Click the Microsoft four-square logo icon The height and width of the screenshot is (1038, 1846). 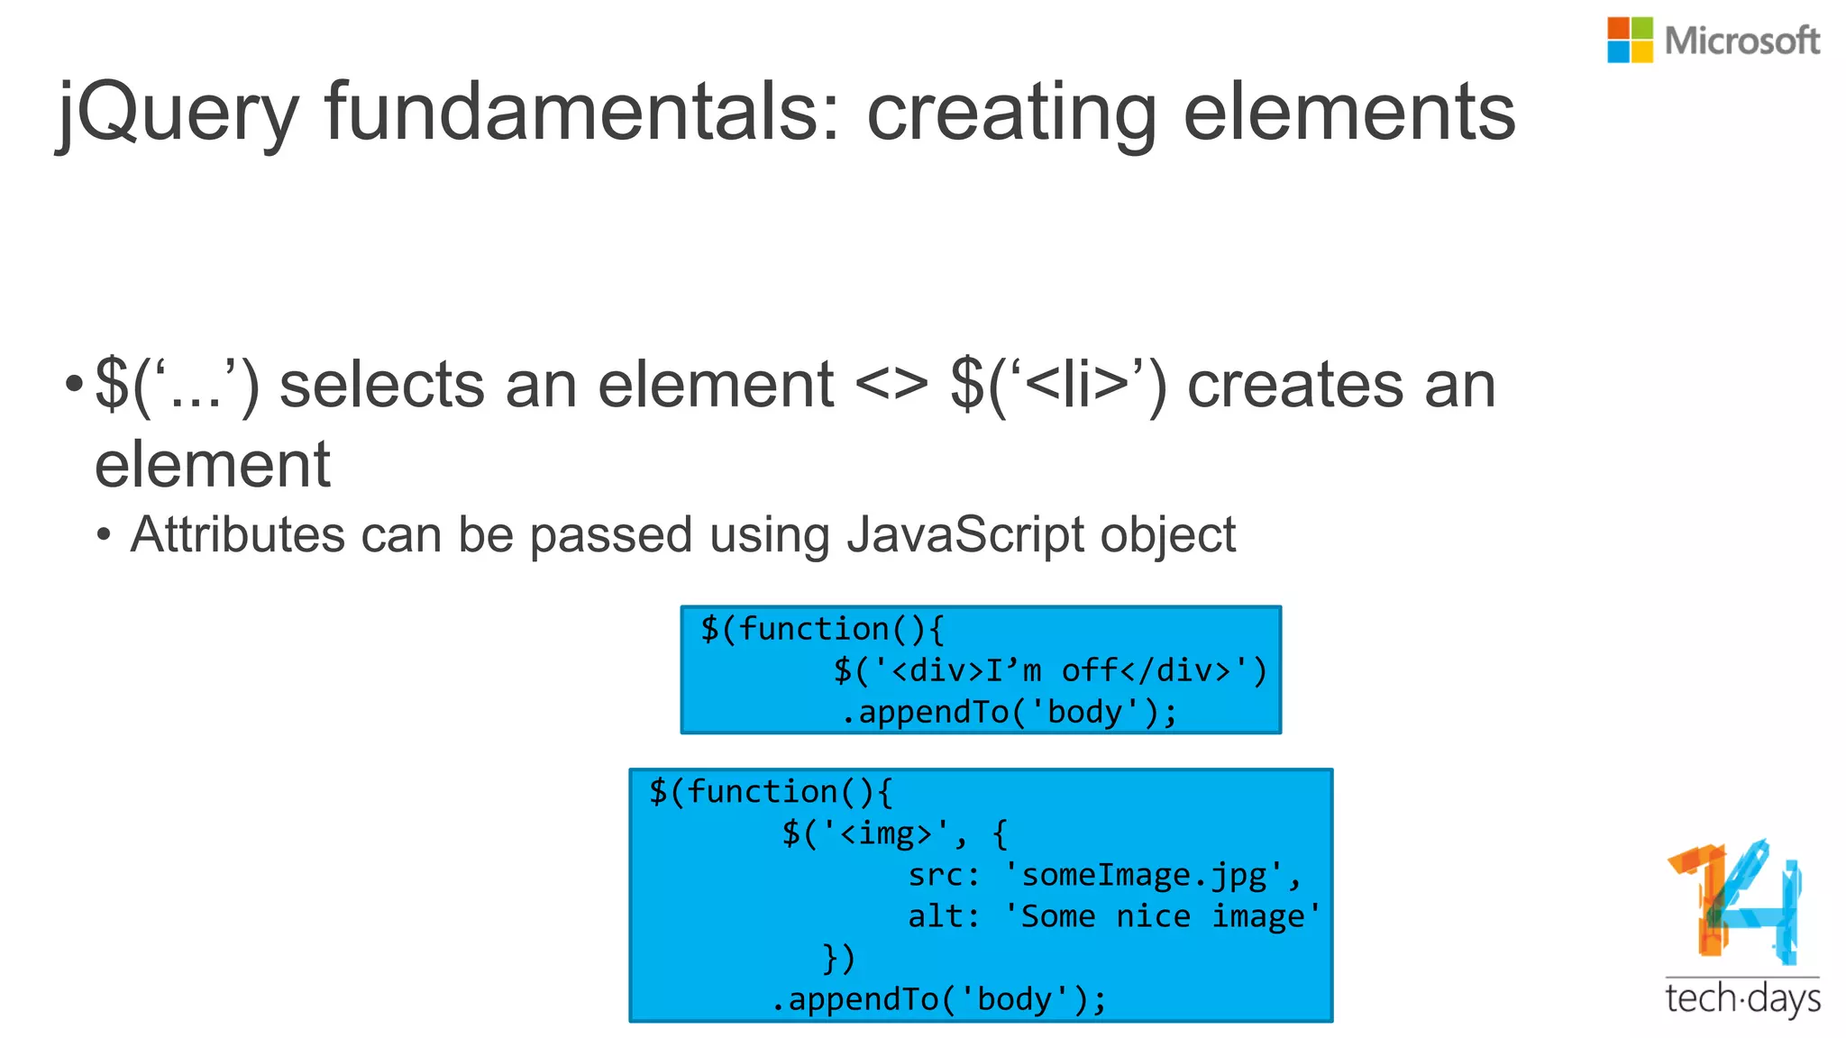(1630, 40)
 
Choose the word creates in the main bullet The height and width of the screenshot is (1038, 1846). (1295, 386)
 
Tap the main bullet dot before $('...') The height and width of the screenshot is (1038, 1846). (73, 386)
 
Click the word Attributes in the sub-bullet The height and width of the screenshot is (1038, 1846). (237, 534)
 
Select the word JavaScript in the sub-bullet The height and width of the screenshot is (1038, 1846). (964, 534)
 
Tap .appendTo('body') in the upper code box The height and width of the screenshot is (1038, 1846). (1008, 713)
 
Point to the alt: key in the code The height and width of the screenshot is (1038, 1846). (943, 916)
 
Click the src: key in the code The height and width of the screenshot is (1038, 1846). (943, 875)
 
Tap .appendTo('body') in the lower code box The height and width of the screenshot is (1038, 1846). (937, 999)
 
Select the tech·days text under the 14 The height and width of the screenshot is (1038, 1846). (1742, 999)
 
